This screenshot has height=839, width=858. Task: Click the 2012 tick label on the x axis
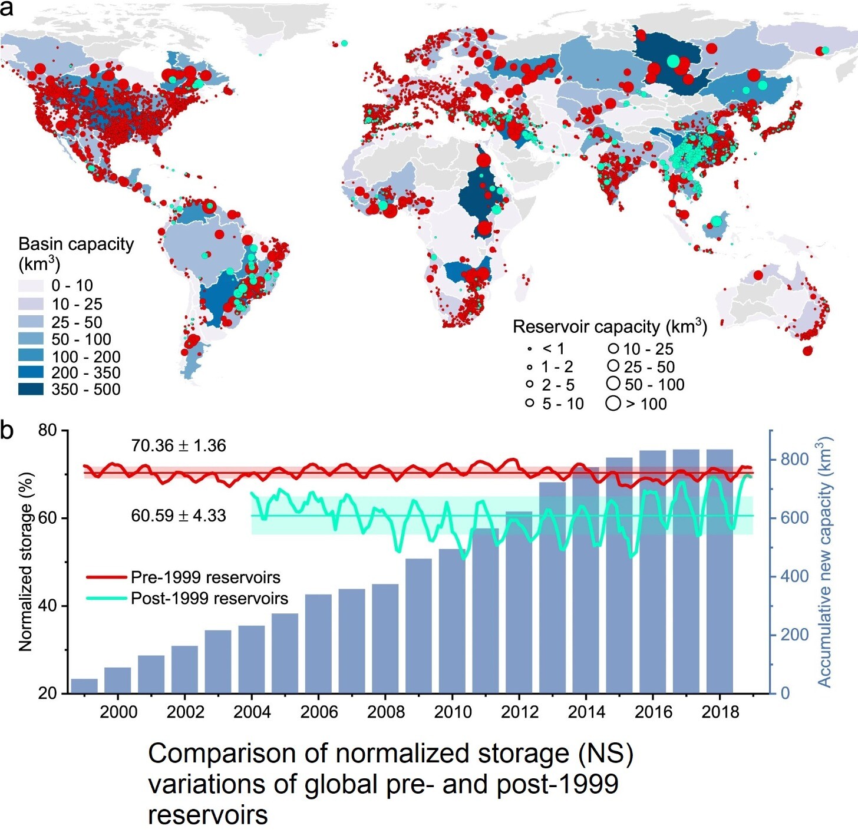click(519, 712)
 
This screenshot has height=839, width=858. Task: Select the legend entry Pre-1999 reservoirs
click(205, 577)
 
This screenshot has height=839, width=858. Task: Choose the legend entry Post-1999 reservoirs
click(209, 599)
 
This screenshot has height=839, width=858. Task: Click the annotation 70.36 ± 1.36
click(179, 445)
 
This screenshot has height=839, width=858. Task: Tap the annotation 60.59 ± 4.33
click(179, 516)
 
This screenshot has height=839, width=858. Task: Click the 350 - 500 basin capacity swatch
click(31, 389)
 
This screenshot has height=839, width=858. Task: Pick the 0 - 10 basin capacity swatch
click(31, 286)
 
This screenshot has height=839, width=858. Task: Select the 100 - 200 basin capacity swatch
click(31, 356)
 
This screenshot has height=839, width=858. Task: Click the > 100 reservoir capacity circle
click(613, 404)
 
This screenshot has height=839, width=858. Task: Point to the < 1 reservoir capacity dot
click(530, 349)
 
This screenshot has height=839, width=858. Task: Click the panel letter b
click(7, 430)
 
